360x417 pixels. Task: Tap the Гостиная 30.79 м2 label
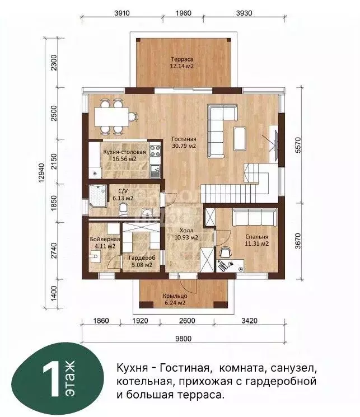pyautogui.click(x=184, y=143)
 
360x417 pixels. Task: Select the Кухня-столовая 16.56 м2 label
pyautogui.click(x=124, y=155)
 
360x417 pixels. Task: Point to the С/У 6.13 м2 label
pyautogui.click(x=123, y=194)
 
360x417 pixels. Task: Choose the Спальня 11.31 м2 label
pyautogui.click(x=257, y=240)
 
